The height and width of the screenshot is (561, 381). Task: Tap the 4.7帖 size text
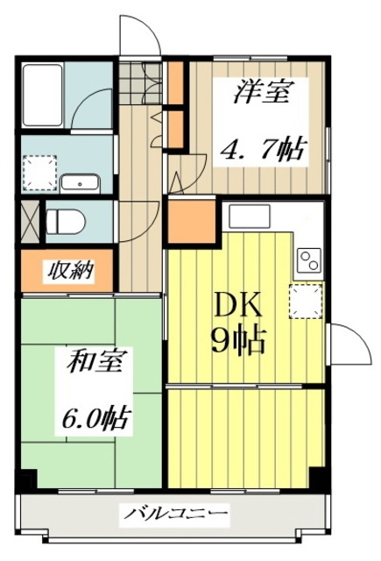(x=261, y=149)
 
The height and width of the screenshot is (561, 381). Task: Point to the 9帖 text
(x=237, y=340)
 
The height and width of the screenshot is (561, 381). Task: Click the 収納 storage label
(x=70, y=271)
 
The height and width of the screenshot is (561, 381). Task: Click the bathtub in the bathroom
(x=42, y=96)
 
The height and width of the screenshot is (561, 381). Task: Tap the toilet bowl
(x=66, y=221)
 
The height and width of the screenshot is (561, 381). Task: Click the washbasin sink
(x=80, y=183)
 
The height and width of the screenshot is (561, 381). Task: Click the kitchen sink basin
(x=250, y=216)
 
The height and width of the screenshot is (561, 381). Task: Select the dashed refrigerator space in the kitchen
(x=306, y=302)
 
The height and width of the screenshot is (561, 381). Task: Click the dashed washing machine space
(x=39, y=173)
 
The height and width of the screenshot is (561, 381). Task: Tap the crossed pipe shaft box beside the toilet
(x=30, y=222)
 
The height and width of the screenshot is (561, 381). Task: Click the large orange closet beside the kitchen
(x=191, y=222)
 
